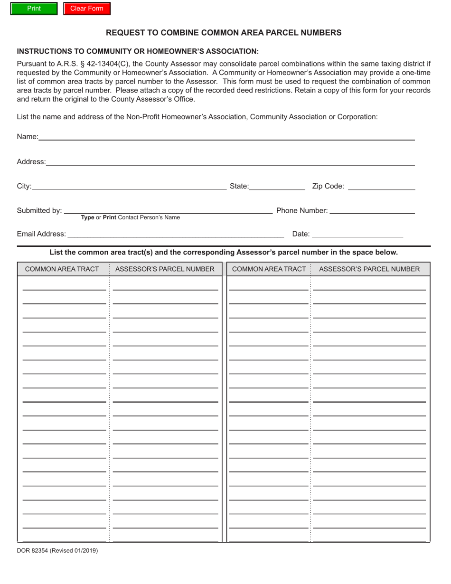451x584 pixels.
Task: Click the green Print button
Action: point(34,9)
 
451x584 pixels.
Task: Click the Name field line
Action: point(226,136)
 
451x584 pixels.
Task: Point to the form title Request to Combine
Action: point(223,33)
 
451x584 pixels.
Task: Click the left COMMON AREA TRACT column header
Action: point(62,269)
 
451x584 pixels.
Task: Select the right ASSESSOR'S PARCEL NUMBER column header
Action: point(369,269)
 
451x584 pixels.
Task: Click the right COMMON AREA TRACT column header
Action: point(269,269)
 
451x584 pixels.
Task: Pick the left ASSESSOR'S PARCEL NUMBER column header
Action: point(165,269)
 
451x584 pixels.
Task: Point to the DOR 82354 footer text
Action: point(57,551)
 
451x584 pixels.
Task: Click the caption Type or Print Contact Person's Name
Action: point(131,218)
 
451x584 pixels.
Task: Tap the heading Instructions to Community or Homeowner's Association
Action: point(138,51)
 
